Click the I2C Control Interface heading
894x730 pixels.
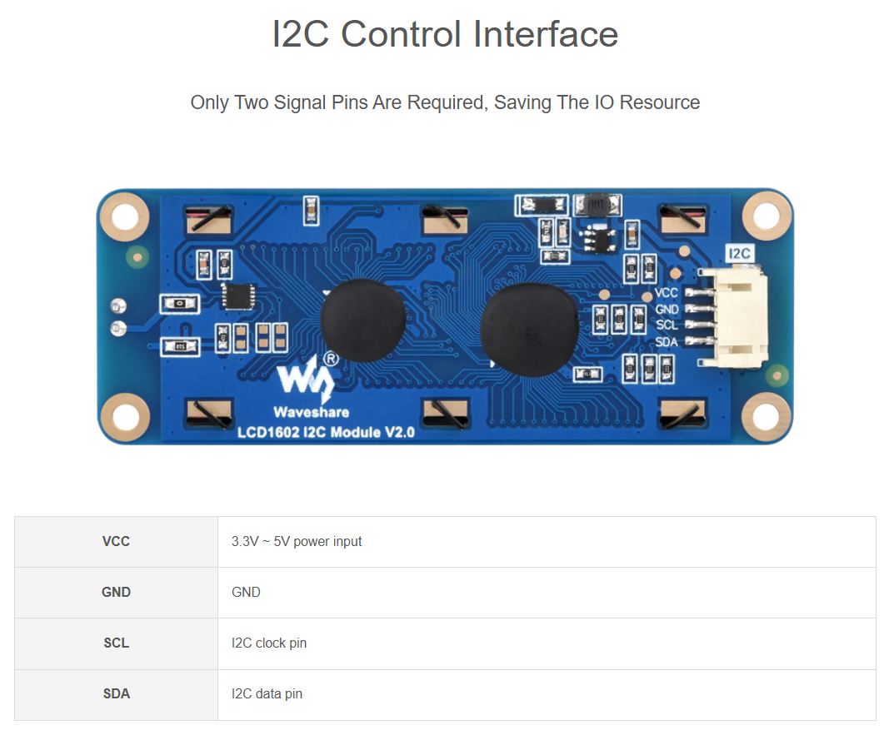(x=445, y=35)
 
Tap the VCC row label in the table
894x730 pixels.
(x=116, y=541)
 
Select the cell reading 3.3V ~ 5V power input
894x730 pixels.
(x=297, y=541)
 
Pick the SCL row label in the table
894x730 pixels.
(x=116, y=643)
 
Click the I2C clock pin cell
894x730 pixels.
(x=269, y=643)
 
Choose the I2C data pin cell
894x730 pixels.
(x=267, y=693)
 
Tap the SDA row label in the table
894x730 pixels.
(x=116, y=693)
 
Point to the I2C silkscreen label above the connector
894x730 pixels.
(x=739, y=253)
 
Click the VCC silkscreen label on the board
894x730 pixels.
(x=667, y=293)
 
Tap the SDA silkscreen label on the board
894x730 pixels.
(x=667, y=342)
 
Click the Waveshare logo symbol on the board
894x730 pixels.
(x=305, y=379)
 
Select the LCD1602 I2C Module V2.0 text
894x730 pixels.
(x=326, y=432)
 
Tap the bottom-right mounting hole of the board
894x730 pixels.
(x=766, y=417)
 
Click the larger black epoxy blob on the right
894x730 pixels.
(x=529, y=323)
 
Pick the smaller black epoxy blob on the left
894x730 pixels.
(x=363, y=320)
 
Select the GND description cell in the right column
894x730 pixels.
(x=246, y=592)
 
